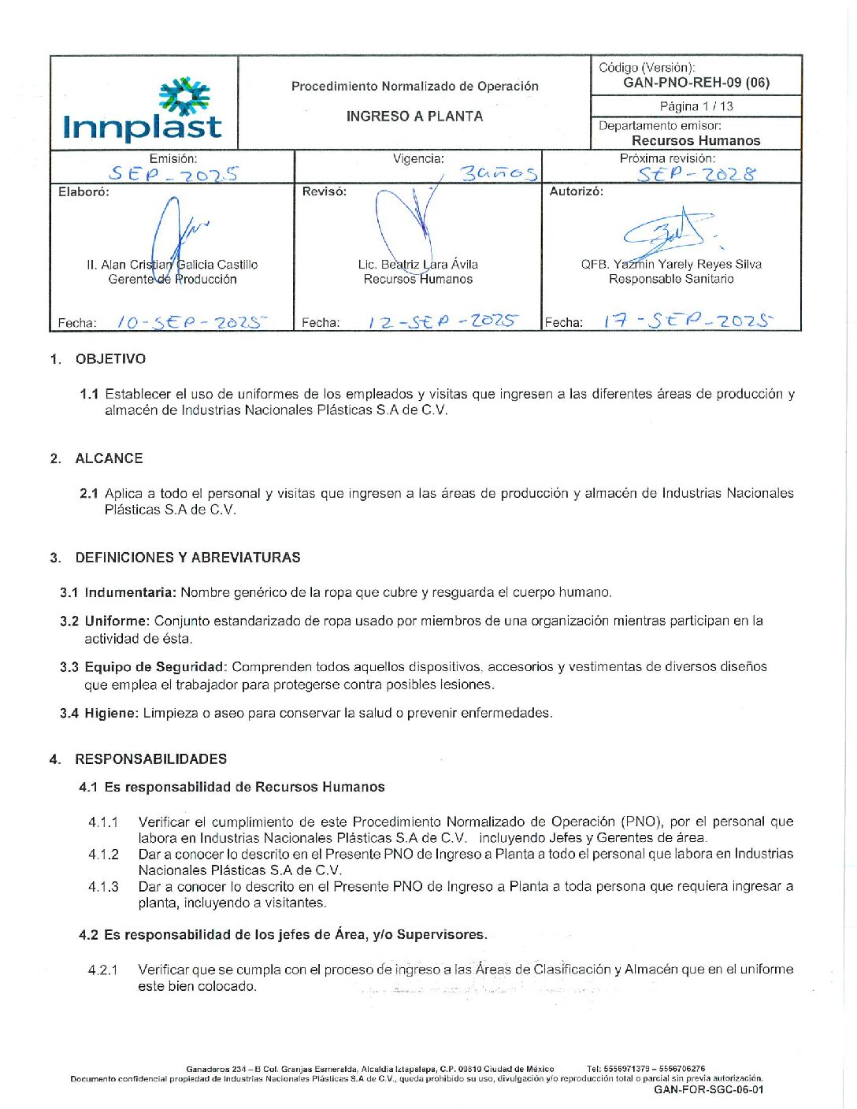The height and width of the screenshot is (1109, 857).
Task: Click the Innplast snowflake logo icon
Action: tap(184, 96)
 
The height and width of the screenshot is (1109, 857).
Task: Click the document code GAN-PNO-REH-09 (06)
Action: tap(696, 83)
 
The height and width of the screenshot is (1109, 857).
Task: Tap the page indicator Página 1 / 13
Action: tap(696, 106)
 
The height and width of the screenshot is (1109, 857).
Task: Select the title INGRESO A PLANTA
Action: tap(414, 117)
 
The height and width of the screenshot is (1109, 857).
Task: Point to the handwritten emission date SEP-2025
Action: tap(174, 174)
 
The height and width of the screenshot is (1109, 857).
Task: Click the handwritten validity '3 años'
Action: tap(499, 173)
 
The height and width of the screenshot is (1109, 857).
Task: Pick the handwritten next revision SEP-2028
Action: tap(696, 174)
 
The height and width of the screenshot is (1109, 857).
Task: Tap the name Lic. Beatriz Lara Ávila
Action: tap(417, 265)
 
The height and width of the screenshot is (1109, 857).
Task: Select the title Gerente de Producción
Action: tap(173, 280)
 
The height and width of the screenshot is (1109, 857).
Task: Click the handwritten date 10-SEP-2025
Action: tap(191, 322)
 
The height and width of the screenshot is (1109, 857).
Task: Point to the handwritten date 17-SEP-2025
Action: tap(688, 321)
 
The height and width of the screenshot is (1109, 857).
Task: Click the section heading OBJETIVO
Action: tap(110, 359)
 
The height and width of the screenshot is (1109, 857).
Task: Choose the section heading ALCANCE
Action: tap(109, 458)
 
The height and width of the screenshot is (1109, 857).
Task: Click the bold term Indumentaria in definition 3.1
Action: tap(130, 592)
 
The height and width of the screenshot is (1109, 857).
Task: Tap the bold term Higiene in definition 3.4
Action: tap(111, 713)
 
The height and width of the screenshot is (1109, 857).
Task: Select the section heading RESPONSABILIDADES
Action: tap(150, 759)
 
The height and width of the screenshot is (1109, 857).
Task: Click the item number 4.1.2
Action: tap(103, 855)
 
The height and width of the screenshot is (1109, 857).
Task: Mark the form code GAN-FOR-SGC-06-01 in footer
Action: tap(708, 1090)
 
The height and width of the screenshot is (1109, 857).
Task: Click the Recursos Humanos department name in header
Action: tap(696, 141)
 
